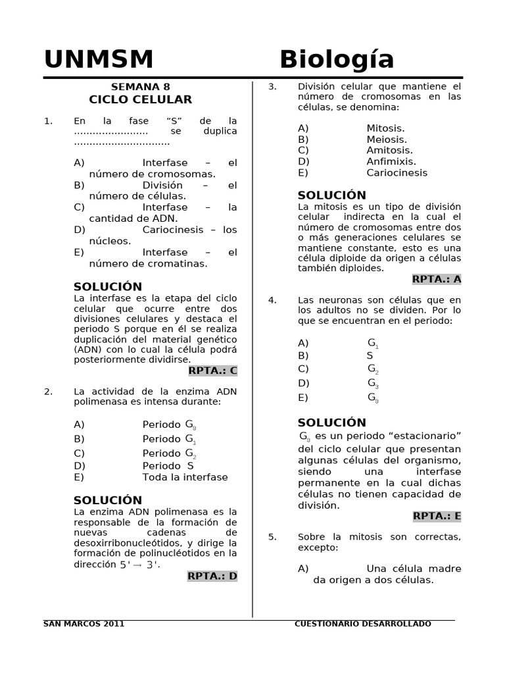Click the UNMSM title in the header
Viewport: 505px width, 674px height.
[99, 60]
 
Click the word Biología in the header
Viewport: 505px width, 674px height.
[337, 60]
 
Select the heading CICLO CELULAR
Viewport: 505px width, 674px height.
[141, 99]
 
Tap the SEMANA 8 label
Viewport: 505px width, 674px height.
[140, 86]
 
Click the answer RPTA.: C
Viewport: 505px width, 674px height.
[212, 371]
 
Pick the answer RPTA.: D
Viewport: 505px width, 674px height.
[212, 576]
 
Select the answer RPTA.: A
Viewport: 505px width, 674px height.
[437, 279]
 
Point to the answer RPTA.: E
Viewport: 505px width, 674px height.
[437, 516]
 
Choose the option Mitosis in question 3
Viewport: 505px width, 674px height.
[385, 128]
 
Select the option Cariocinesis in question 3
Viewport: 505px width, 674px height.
[397, 172]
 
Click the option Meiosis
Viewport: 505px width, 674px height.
[387, 140]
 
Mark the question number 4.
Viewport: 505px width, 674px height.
[272, 300]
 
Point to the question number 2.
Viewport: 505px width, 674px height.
[48, 392]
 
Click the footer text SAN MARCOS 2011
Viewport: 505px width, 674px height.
[84, 624]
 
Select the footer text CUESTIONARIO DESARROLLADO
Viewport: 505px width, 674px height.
[363, 624]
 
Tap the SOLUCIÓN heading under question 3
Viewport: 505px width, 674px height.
[331, 195]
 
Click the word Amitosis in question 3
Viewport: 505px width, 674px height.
[389, 150]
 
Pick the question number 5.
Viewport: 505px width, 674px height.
[272, 537]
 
